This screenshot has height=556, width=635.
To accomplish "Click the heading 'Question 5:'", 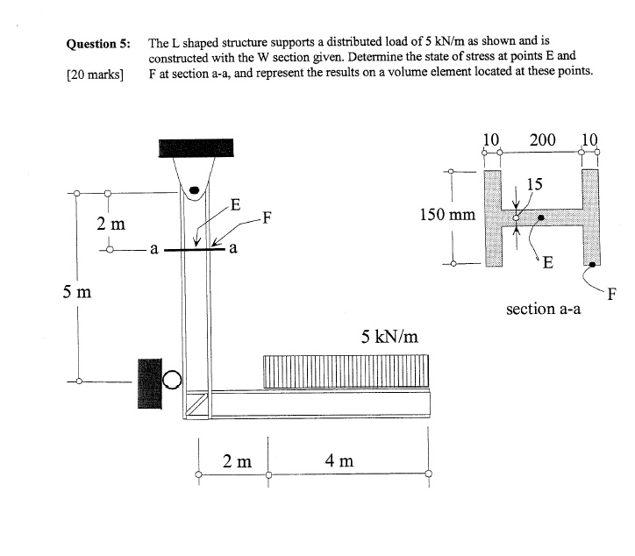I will tap(98, 43).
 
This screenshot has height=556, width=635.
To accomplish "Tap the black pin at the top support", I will tap(196, 188).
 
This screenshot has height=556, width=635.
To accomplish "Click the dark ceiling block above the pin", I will tap(196, 147).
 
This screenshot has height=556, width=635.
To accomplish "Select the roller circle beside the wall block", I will tap(173, 379).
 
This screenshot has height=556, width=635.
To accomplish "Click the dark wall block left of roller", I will tap(149, 383).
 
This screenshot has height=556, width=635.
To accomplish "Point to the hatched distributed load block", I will tap(347, 371).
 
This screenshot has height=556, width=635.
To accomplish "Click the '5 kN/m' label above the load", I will tap(389, 336).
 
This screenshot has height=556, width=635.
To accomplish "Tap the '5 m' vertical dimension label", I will tap(77, 291).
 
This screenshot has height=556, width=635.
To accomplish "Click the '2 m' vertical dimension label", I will tap(111, 224).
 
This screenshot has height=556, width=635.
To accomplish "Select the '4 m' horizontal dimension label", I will tap(339, 460).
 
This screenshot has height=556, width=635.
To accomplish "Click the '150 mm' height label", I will tap(448, 214).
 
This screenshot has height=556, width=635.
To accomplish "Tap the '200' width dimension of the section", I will tap(542, 139).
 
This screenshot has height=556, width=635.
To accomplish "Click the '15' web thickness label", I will tap(534, 183).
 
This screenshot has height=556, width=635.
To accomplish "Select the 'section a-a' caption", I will tap(543, 309).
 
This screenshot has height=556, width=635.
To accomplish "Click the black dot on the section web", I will tap(541, 217).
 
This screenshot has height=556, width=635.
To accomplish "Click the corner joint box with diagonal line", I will tap(196, 404).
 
